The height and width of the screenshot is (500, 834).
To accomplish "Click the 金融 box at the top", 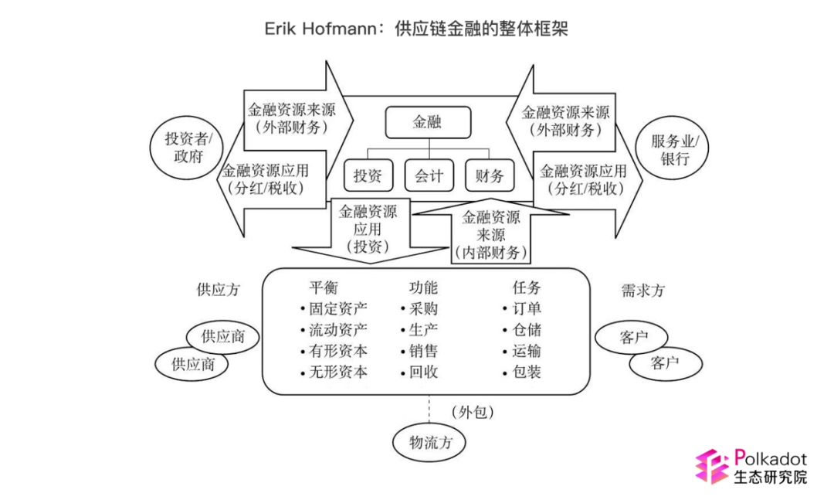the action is [x=428, y=122].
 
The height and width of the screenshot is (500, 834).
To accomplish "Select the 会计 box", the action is [x=429, y=175].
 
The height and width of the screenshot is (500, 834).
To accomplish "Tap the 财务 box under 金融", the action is [x=490, y=175].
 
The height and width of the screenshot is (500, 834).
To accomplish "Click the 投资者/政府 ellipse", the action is [x=187, y=148].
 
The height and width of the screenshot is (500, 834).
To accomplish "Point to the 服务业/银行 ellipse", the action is [x=673, y=148].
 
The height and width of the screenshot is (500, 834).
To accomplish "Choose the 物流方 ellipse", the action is [x=429, y=442].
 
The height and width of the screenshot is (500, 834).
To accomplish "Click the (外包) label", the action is [x=473, y=412].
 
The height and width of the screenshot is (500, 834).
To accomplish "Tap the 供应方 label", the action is [x=218, y=290].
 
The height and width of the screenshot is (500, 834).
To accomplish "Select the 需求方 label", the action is [x=643, y=291].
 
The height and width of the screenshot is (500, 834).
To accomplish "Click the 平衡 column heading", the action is [x=324, y=288].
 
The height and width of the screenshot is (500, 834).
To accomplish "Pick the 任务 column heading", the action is [x=527, y=288].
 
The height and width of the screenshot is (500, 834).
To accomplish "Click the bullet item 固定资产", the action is [x=334, y=309].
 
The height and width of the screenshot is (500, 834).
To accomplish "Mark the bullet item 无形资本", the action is [x=334, y=372].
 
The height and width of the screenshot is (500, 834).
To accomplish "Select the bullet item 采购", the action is [x=419, y=309].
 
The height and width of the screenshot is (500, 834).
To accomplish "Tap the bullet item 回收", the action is [x=419, y=372].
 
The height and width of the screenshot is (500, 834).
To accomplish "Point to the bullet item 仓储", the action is [x=522, y=330].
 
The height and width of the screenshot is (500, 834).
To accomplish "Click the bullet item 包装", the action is [x=522, y=372].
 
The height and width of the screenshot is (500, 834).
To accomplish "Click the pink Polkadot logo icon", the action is [x=712, y=466].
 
